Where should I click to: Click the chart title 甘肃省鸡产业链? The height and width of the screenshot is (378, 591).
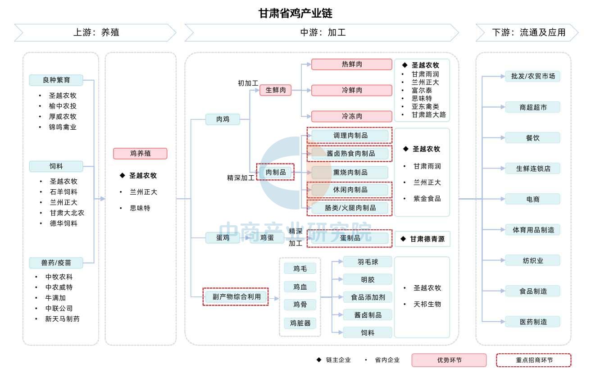[295, 13]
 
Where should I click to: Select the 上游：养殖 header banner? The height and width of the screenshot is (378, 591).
[95, 32]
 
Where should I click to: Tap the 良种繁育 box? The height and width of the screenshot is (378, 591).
[56, 80]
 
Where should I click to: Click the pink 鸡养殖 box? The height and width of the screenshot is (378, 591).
[140, 153]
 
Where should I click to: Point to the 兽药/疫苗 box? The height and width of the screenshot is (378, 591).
[56, 263]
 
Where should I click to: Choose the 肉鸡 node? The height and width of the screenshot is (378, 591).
[223, 119]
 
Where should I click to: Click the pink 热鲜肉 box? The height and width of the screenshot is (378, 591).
[352, 64]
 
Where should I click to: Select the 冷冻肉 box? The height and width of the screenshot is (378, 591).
[352, 116]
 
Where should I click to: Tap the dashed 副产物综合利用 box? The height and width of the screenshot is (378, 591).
[236, 297]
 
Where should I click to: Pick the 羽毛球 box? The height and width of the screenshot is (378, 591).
[368, 262]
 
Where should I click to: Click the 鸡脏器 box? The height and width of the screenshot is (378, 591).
[300, 323]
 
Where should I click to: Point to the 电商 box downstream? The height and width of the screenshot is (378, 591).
[533, 199]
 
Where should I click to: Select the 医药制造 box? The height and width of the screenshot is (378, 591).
[533, 322]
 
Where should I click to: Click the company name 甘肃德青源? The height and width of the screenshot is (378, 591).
[427, 239]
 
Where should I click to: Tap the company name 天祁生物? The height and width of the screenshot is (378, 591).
[427, 304]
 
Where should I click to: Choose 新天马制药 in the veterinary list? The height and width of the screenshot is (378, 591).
[62, 319]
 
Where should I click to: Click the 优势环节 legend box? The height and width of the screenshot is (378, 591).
[449, 360]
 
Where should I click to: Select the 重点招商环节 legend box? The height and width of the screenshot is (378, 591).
[534, 360]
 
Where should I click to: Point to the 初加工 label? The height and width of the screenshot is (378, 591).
[248, 83]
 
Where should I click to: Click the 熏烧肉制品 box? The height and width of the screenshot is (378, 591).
[350, 173]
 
